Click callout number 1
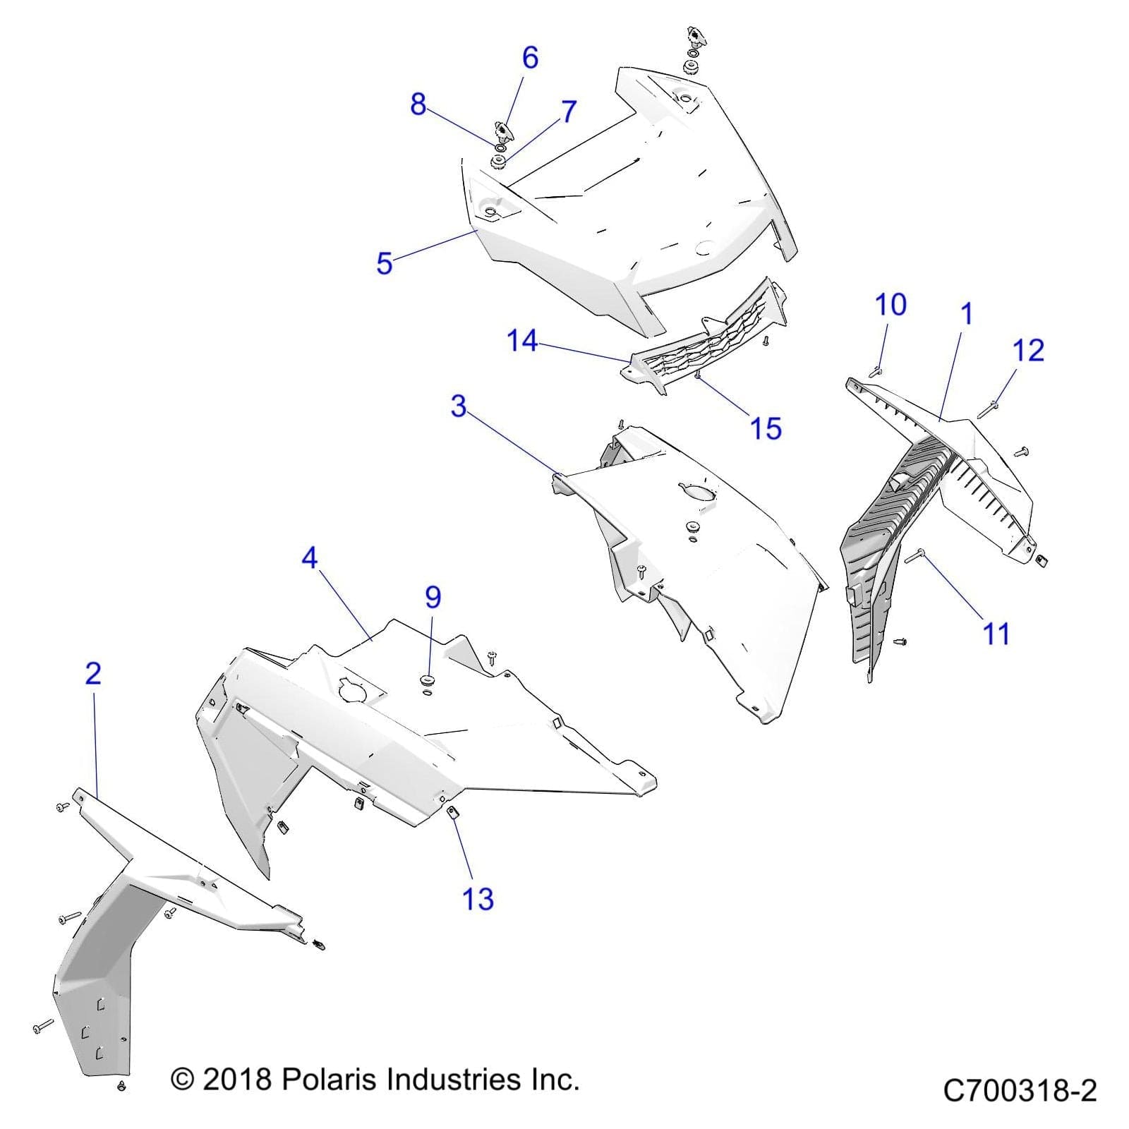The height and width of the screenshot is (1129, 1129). pyautogui.click(x=967, y=314)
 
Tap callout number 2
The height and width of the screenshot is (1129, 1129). pyautogui.click(x=93, y=674)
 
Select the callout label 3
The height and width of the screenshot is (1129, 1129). pyautogui.click(x=459, y=406)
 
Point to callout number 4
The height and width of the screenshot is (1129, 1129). pyautogui.click(x=309, y=558)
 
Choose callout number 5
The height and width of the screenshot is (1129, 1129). pyautogui.click(x=385, y=263)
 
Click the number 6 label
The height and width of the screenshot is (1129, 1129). pyautogui.click(x=531, y=58)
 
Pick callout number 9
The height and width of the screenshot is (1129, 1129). pyautogui.click(x=433, y=597)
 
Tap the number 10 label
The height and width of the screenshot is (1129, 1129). pyautogui.click(x=890, y=305)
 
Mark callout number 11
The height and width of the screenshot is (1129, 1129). pyautogui.click(x=996, y=634)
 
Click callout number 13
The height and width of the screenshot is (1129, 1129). pyautogui.click(x=478, y=900)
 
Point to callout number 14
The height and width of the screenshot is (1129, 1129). pyautogui.click(x=522, y=342)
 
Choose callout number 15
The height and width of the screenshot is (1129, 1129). pyautogui.click(x=766, y=428)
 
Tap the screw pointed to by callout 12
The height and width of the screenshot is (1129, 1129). pyautogui.click(x=986, y=409)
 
